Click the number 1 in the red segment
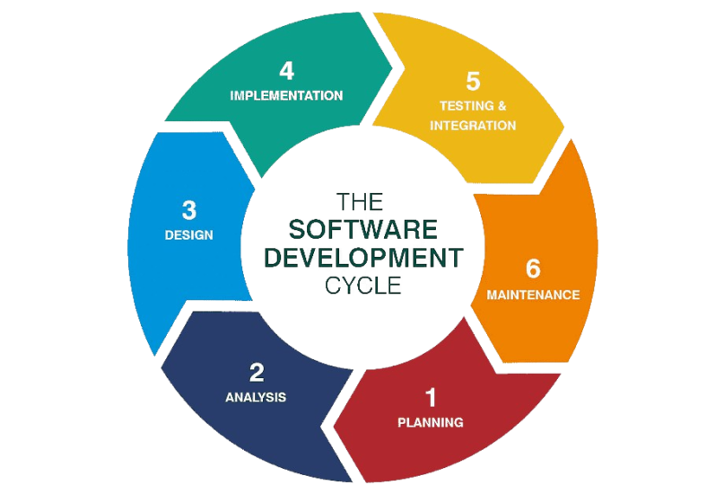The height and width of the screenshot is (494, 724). [x=431, y=397]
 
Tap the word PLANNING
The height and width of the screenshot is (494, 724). [x=431, y=422]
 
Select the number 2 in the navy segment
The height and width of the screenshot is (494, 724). [x=257, y=372]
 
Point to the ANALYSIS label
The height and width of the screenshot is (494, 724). [x=256, y=396]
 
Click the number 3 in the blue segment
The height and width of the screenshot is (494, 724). [x=188, y=210]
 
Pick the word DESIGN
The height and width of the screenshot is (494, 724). [x=188, y=235]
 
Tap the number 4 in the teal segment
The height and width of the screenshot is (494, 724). [x=286, y=70]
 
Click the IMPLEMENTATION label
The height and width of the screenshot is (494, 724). [x=286, y=94]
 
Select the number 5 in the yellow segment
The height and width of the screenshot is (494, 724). [x=473, y=81]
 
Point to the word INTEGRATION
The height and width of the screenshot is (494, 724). [x=473, y=126]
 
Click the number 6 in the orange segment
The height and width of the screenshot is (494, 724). [x=533, y=269]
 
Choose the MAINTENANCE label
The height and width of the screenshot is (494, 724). [x=533, y=295]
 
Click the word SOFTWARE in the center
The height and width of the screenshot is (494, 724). [x=362, y=230]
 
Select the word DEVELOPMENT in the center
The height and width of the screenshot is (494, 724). [x=362, y=259]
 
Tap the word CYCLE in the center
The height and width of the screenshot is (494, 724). [x=362, y=287]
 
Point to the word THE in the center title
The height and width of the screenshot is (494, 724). [x=362, y=201]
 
